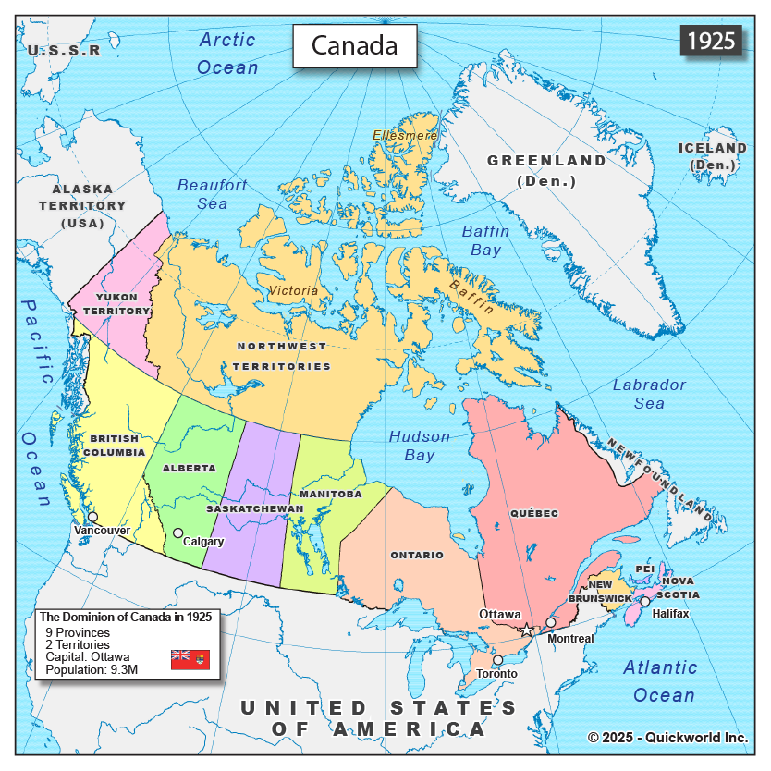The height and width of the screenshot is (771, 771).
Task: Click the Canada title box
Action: tap(355, 45)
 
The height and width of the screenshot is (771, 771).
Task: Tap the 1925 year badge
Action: tap(711, 41)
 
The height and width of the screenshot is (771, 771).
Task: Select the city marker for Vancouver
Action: tap(92, 517)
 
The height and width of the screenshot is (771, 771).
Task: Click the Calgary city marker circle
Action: tap(178, 532)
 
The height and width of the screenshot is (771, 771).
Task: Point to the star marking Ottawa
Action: tap(527, 630)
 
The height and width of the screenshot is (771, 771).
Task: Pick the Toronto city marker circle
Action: tap(497, 660)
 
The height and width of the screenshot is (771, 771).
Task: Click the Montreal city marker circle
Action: tap(551, 622)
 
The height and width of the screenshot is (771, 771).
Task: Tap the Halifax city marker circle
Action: tap(645, 601)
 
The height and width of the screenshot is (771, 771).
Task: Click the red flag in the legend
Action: tap(190, 659)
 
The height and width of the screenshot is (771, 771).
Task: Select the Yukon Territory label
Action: tap(117, 304)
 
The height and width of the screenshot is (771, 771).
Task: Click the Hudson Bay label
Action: tap(420, 446)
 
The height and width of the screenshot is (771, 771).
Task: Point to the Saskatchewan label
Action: tap(255, 508)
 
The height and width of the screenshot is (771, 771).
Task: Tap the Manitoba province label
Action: tap(330, 494)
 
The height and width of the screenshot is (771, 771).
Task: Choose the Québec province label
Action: tap(533, 512)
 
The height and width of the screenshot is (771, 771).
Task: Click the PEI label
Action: tap(644, 569)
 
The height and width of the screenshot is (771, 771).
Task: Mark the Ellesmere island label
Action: tap(405, 135)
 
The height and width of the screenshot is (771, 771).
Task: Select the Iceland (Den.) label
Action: tap(712, 156)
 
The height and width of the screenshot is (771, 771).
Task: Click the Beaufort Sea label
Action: tap(213, 194)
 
